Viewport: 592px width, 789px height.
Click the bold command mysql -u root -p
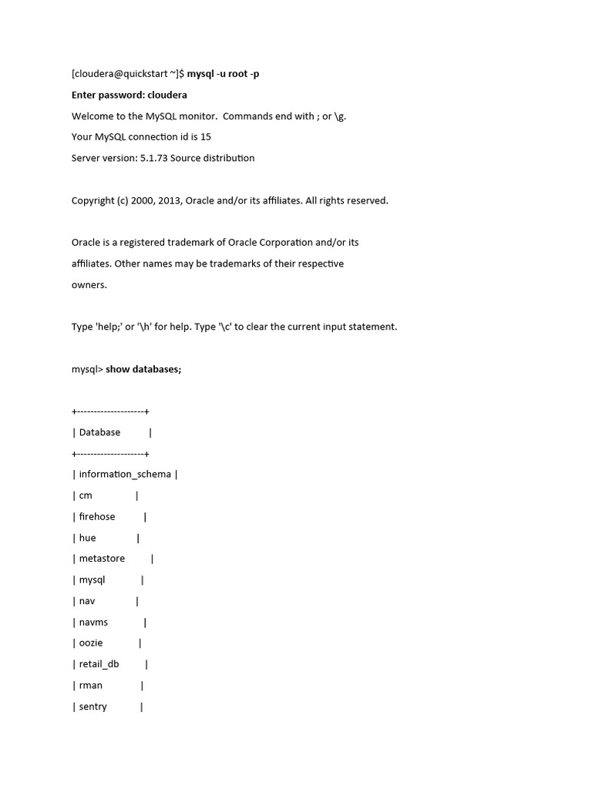coord(229,74)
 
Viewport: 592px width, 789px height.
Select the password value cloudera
coord(167,95)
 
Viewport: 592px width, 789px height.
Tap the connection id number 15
coord(205,136)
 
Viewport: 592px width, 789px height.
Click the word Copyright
coord(93,200)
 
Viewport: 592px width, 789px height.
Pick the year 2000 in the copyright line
coord(134,200)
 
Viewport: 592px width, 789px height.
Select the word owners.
coord(89,284)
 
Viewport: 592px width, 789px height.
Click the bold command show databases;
coord(143,369)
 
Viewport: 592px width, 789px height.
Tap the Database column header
coord(99,432)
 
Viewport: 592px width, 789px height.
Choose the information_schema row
coord(125,475)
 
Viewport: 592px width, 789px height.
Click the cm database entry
coord(86,495)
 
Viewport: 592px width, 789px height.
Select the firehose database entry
coord(97,516)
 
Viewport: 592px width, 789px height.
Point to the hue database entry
coord(87,538)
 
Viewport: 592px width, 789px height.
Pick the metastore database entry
coord(102,559)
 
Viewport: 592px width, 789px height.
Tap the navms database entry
coord(93,622)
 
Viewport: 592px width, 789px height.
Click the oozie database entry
coord(91,643)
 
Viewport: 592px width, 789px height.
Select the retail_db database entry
coord(99,663)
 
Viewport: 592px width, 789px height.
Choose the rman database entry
coord(91,685)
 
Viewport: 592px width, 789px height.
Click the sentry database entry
coord(93,706)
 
